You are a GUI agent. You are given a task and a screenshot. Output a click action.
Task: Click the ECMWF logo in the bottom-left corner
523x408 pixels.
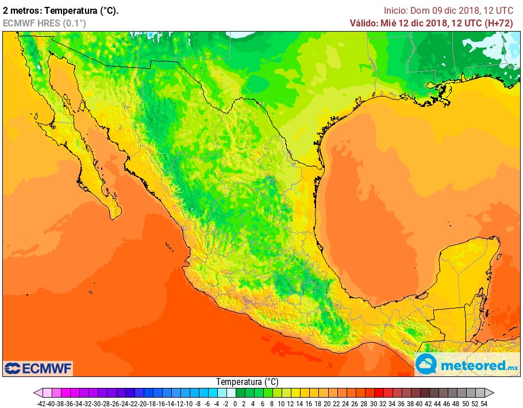38,368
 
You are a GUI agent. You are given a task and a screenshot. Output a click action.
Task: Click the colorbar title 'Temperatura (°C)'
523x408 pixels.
247,382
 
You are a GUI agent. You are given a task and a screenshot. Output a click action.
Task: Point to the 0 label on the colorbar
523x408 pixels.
235,403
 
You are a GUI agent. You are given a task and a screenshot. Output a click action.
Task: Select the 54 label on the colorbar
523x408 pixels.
484,403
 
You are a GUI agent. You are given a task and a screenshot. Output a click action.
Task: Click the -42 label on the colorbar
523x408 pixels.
41,403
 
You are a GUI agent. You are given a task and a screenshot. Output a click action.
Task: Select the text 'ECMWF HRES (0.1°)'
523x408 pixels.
44,23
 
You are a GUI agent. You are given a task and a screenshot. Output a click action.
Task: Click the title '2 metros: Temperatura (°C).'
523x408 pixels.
60,10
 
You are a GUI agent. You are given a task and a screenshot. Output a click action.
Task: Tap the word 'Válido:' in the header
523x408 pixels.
364,23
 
